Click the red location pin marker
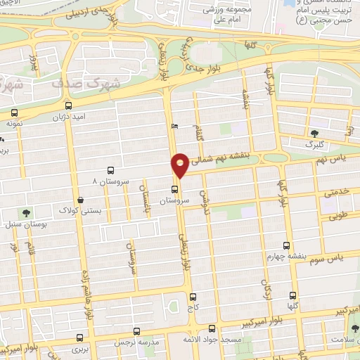(180, 165)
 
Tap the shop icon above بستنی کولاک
(82, 200)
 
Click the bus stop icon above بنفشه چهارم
(286, 245)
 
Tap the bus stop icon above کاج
(193, 297)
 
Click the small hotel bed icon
(174, 126)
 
